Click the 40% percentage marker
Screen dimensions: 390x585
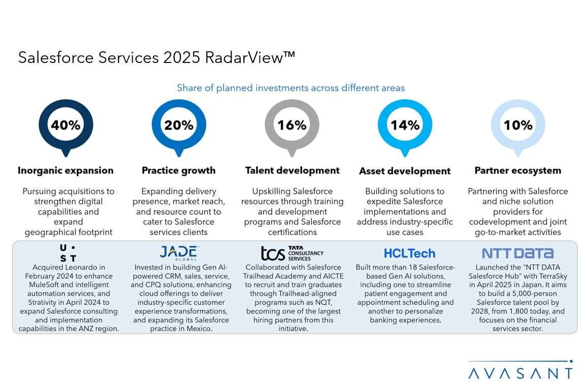pyautogui.click(x=66, y=125)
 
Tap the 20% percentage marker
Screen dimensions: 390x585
pyautogui.click(x=179, y=125)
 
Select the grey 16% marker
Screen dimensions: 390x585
pyautogui.click(x=292, y=125)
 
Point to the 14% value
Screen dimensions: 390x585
pyautogui.click(x=405, y=125)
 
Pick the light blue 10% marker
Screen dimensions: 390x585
pyautogui.click(x=518, y=125)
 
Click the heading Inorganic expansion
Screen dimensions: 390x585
pyautogui.click(x=66, y=171)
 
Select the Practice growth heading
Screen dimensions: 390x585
pyautogui.click(x=179, y=171)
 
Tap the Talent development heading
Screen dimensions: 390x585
pyautogui.click(x=292, y=171)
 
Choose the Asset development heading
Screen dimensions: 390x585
pyautogui.click(x=405, y=171)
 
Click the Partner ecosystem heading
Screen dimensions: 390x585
pyautogui.click(x=518, y=171)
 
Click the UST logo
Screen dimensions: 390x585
pyautogui.click(x=68, y=253)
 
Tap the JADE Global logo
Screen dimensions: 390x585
pyautogui.click(x=179, y=252)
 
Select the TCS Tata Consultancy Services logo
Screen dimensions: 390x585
pyautogui.click(x=292, y=252)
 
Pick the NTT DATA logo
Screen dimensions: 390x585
pyautogui.click(x=518, y=253)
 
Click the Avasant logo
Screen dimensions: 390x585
pyautogui.click(x=521, y=372)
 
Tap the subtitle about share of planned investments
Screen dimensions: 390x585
pyautogui.click(x=291, y=88)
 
